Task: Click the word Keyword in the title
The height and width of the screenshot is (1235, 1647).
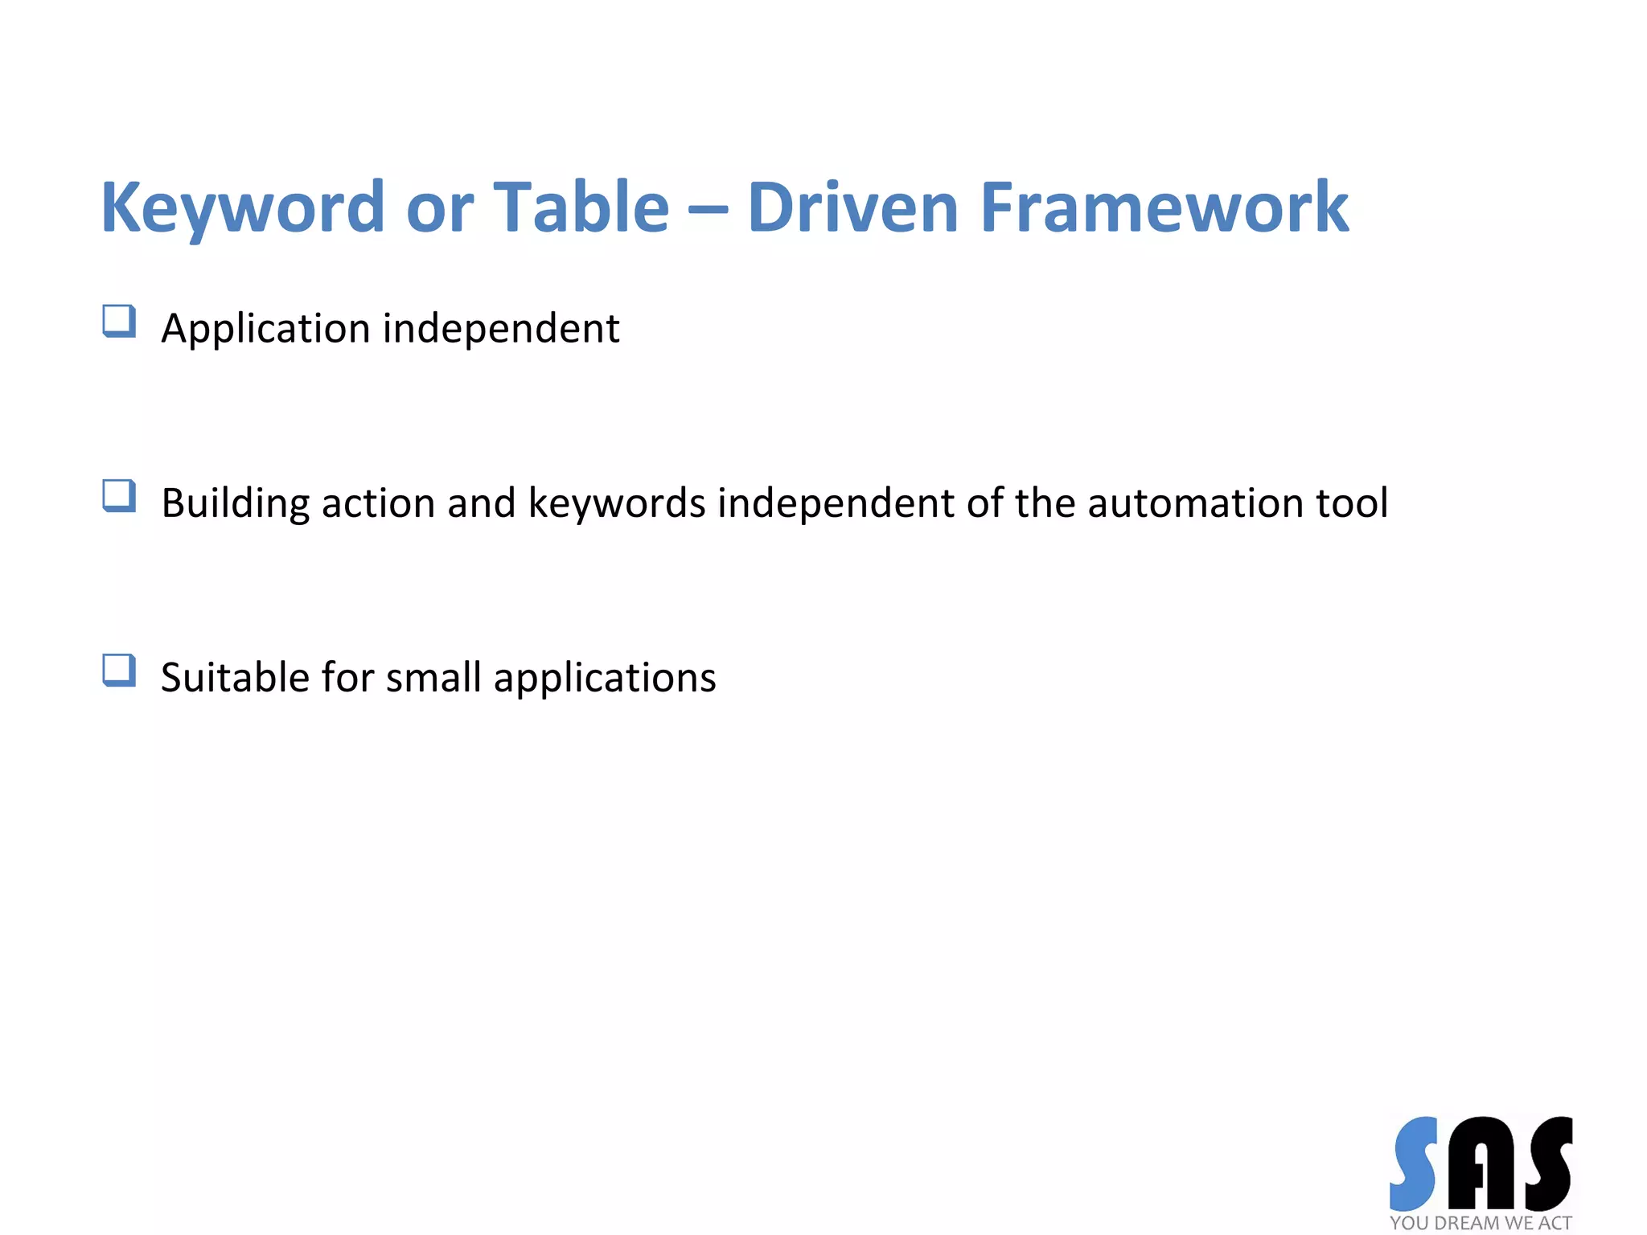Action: (x=242, y=208)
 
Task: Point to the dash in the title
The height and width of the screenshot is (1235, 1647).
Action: (x=708, y=211)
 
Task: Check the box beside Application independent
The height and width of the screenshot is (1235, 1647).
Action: (x=119, y=321)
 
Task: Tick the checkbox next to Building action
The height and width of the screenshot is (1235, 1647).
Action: (x=119, y=495)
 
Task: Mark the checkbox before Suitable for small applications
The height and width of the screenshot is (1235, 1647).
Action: (x=119, y=670)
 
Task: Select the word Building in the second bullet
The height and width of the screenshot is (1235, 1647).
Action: (x=235, y=504)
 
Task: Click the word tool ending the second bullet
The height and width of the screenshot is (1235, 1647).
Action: (x=1352, y=503)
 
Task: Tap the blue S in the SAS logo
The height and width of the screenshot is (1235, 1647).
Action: (x=1414, y=1163)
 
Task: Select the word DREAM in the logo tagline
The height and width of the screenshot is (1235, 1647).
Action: (x=1467, y=1223)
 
